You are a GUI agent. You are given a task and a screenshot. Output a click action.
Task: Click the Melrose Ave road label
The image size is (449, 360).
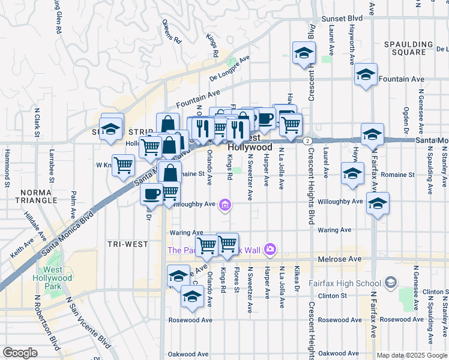[340, 259]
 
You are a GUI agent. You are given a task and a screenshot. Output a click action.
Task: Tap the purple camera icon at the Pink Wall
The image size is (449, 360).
[270, 249]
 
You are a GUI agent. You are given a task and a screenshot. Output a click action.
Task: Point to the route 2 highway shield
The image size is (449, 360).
[307, 140]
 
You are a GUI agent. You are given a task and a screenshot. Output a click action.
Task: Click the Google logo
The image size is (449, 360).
[20, 353]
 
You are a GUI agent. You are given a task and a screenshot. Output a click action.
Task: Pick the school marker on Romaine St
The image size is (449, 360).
[352, 173]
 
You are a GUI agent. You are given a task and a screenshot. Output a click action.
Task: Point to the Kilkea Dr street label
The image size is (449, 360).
[297, 280]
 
